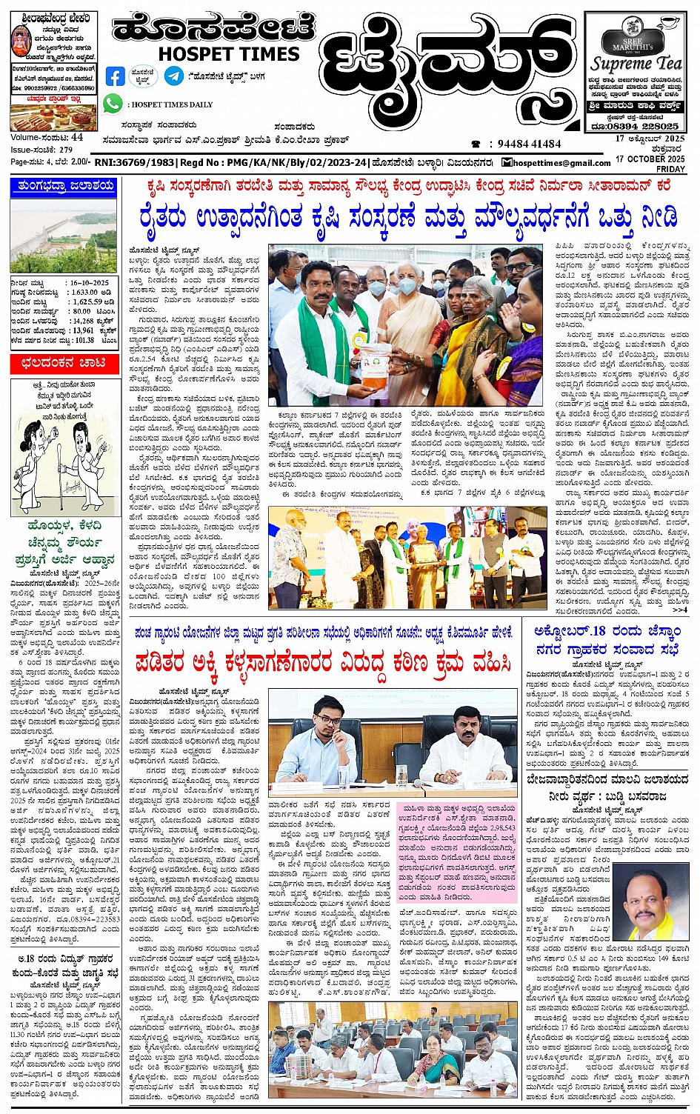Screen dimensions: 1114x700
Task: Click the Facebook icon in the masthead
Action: click(116, 76)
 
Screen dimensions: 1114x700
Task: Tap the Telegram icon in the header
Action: click(174, 76)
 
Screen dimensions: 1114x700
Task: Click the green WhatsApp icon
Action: click(113, 104)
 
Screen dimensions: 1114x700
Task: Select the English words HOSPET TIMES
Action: click(229, 54)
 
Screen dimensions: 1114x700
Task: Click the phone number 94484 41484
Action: click(530, 144)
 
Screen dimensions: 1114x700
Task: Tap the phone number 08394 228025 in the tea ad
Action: click(644, 126)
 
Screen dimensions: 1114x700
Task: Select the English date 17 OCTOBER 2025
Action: click(650, 159)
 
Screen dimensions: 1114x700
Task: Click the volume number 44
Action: click(78, 138)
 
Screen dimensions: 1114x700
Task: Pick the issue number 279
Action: click(66, 150)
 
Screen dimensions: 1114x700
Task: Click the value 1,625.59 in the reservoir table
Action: click(87, 302)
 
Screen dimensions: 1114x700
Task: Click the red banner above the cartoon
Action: click(63, 363)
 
